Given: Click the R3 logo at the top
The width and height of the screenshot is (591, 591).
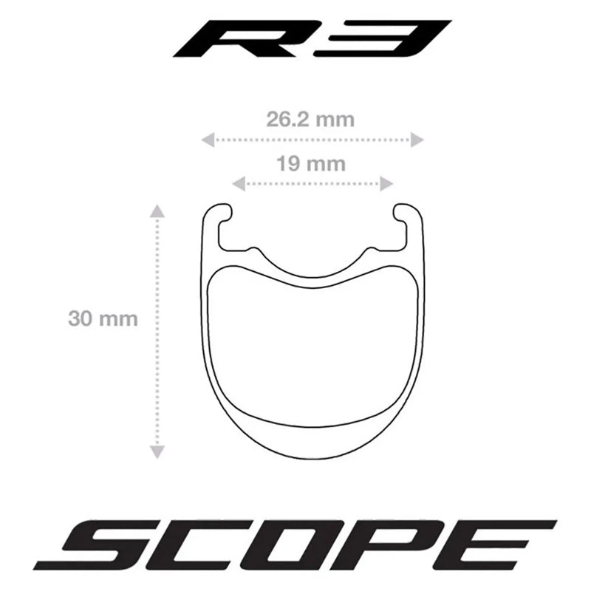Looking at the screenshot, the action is click(312, 38).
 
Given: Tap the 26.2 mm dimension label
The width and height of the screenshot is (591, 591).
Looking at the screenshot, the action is click(310, 120).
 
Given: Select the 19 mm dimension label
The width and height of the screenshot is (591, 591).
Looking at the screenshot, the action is click(311, 164).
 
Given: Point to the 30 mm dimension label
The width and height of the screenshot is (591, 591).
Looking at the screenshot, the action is click(103, 319).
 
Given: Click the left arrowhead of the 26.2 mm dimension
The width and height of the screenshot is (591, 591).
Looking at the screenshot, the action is click(208, 140).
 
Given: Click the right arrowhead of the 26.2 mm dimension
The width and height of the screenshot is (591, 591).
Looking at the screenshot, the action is click(417, 140).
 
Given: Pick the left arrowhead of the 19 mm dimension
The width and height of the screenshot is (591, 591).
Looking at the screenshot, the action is click(238, 184).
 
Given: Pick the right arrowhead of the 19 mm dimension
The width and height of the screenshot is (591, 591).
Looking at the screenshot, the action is click(386, 184).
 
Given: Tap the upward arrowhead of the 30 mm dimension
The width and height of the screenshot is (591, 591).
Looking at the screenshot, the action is click(157, 211).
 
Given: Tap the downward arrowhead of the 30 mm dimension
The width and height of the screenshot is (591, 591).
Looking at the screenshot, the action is click(157, 452).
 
